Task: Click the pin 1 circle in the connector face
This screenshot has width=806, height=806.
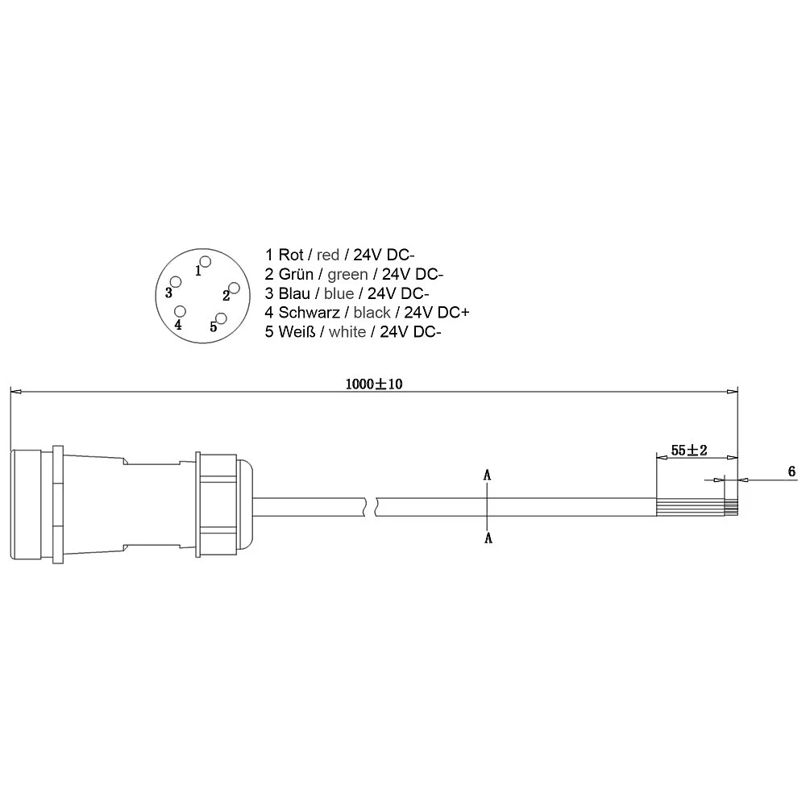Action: [205, 262]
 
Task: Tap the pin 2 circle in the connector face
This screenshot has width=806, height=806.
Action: [234, 288]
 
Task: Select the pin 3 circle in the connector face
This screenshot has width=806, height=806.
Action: [176, 282]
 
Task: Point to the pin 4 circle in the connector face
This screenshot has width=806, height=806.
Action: [180, 311]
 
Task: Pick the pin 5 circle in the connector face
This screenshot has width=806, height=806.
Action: [221, 318]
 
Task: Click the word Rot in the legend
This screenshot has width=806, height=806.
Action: [291, 255]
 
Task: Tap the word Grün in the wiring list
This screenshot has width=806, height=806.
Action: [296, 274]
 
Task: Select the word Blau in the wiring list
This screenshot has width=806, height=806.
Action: [294, 293]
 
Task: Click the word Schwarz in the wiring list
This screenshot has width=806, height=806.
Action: [310, 312]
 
